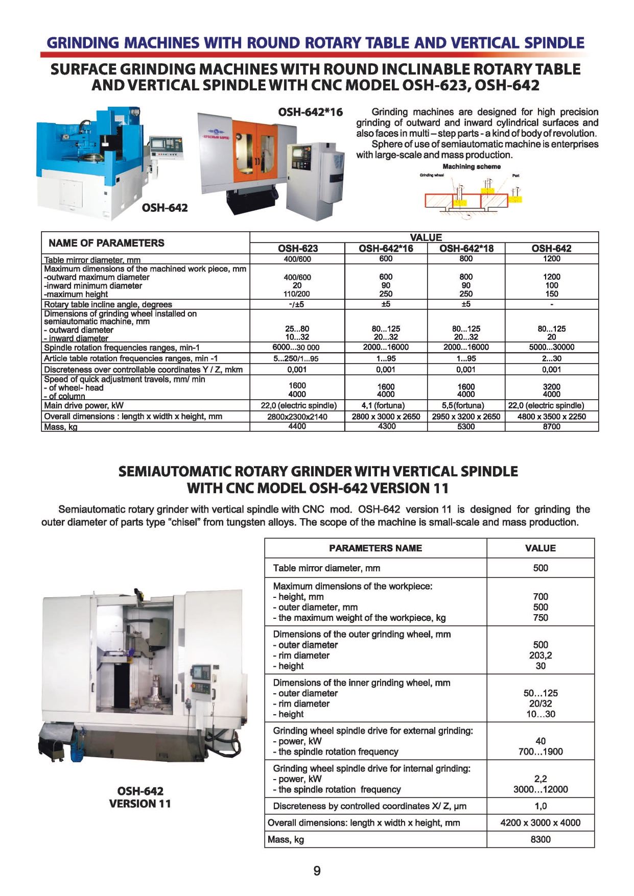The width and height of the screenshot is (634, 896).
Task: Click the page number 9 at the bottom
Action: pos(317,870)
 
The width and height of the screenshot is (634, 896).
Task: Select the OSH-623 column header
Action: pos(297,249)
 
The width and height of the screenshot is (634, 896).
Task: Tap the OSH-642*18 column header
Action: pos(466,249)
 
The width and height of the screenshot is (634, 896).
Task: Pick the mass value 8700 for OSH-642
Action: pos(551,426)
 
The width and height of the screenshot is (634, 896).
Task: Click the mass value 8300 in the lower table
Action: pos(541,839)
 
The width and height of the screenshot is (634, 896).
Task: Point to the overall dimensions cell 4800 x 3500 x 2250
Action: pos(551,417)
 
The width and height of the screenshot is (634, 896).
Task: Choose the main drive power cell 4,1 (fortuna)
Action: pos(386,405)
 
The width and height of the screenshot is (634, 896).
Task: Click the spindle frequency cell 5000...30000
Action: pos(551,347)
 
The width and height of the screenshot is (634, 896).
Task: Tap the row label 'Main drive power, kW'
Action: pos(84,406)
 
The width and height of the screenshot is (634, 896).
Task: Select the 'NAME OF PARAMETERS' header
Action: pos(106,243)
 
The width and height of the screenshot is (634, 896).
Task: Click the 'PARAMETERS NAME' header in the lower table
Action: pos(375,548)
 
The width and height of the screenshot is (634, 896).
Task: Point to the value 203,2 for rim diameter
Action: pos(541,656)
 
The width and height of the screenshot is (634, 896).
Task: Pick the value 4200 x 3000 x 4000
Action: pos(541,822)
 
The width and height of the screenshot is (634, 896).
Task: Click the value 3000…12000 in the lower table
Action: pos(541,789)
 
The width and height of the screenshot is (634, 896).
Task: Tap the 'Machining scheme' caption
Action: pos(471,167)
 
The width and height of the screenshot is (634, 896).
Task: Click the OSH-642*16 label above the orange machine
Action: pos(310,112)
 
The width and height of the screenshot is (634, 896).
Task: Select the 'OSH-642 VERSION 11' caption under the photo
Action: pos(140,797)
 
